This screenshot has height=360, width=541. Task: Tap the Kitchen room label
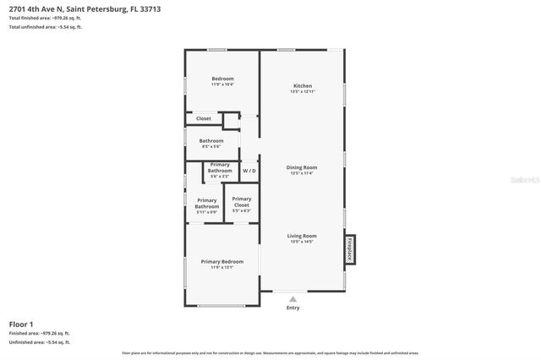302,86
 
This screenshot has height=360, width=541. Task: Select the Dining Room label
302,167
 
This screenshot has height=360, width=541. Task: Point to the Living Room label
302,236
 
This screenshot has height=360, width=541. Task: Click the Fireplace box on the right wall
350,251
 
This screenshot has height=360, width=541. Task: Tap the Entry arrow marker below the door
292,298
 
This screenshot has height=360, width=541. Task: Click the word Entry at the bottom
292,308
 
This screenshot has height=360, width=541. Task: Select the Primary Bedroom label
222,262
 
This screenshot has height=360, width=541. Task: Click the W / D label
249,171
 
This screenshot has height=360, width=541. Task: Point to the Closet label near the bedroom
204,118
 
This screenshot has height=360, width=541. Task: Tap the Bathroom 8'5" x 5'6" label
211,140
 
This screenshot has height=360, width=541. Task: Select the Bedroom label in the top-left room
222,79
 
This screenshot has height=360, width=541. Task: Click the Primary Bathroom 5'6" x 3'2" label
220,167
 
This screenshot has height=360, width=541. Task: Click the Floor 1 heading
21,324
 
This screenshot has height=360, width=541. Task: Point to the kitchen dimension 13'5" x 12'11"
302,91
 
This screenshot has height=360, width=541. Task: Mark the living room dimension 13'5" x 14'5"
302,242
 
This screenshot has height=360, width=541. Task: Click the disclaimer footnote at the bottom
270,352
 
